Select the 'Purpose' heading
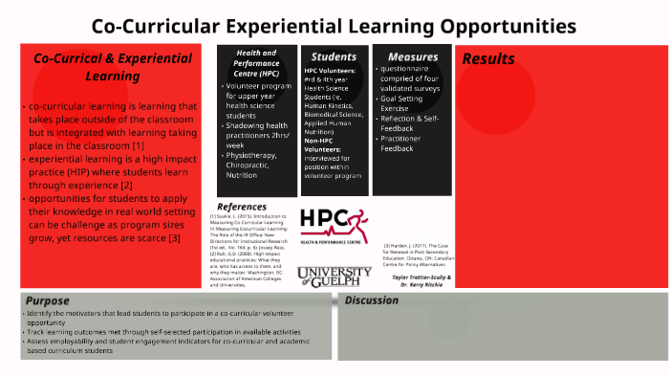[x=48, y=300]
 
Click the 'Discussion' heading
[x=372, y=300]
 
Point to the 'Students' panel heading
[x=334, y=56]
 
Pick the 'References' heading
[x=242, y=207]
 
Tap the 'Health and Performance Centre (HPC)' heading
[x=256, y=68]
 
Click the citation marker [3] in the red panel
[x=173, y=237]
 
